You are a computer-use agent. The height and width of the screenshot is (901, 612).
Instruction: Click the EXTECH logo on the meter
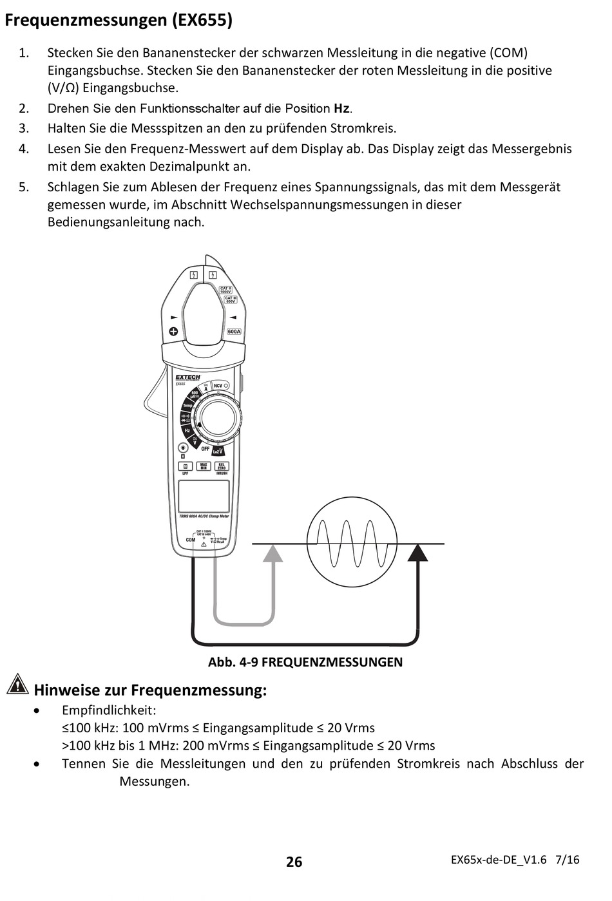[x=188, y=377]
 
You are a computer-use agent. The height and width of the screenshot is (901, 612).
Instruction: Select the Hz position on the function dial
[x=187, y=430]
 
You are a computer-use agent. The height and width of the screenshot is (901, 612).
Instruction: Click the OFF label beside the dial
[x=205, y=449]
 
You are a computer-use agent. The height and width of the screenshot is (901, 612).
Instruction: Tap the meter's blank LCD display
[x=204, y=497]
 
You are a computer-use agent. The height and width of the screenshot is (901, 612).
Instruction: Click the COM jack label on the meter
[x=191, y=540]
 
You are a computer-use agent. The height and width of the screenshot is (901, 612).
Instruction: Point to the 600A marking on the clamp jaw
[x=234, y=331]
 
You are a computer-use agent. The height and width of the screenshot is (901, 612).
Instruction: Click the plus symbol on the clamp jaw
[x=173, y=332]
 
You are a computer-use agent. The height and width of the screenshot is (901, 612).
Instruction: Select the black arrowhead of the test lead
[x=418, y=553]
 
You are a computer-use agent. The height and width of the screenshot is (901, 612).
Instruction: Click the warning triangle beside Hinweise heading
[x=17, y=684]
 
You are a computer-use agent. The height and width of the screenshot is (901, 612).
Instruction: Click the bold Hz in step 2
[x=341, y=108]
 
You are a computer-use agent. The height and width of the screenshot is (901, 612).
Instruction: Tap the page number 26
[x=294, y=862]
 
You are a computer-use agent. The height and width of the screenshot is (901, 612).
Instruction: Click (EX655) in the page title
[x=202, y=20]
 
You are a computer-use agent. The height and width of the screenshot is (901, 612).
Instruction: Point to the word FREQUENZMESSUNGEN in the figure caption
[x=332, y=662]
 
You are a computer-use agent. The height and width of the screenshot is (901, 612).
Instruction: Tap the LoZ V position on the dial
[x=218, y=451]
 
